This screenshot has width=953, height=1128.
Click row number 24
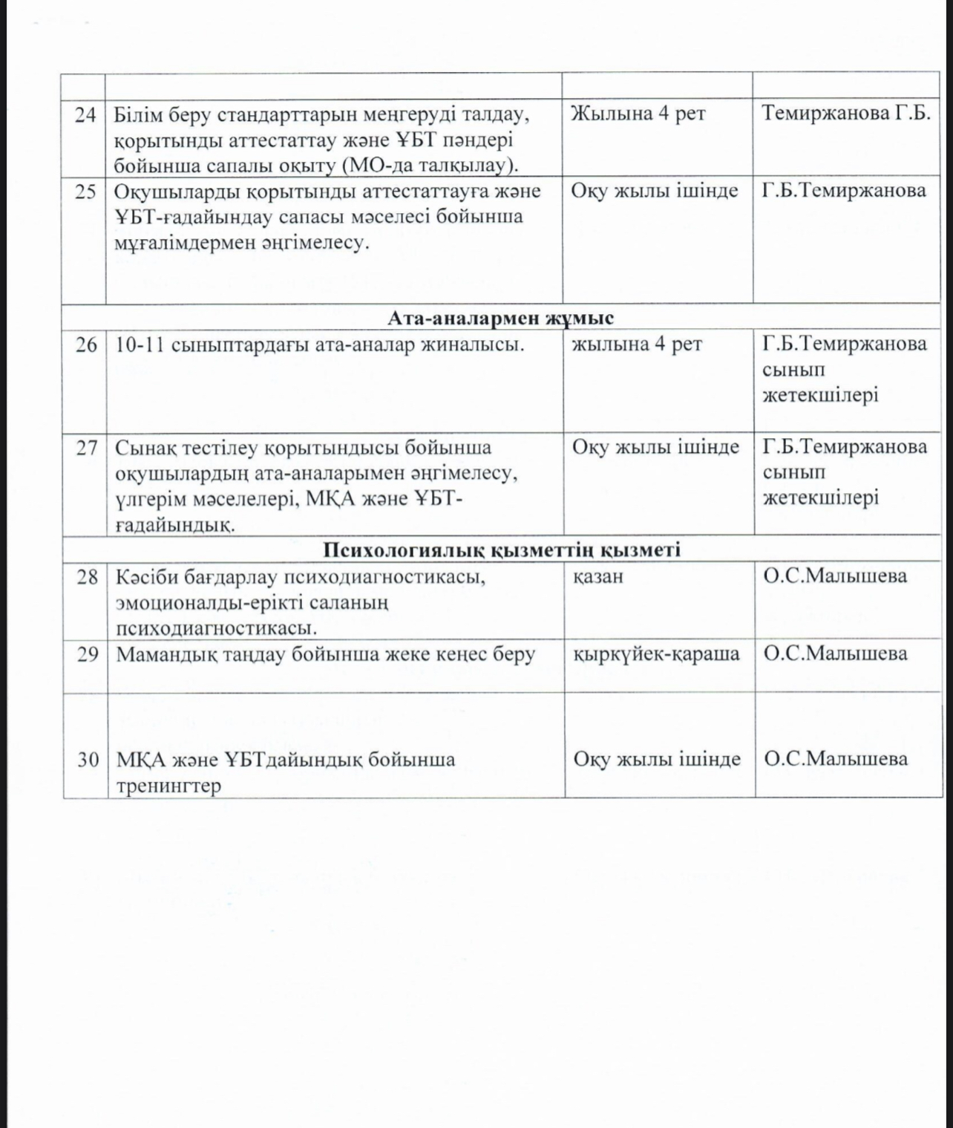click(86, 115)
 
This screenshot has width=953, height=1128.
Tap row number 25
click(86, 192)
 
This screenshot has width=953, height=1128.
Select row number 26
click(86, 345)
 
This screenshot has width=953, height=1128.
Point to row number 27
click(87, 448)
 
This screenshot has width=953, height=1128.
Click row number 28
click(88, 577)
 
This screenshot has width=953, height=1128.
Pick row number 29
click(88, 654)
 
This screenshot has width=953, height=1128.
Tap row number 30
click(88, 760)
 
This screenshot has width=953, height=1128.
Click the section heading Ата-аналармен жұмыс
click(501, 318)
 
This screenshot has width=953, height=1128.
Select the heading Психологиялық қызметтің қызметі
click(502, 550)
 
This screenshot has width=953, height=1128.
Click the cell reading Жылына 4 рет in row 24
click(638, 114)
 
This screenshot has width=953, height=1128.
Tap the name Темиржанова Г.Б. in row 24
click(845, 114)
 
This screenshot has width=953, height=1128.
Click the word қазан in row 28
click(597, 576)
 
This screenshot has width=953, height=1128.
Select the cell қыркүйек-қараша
click(656, 653)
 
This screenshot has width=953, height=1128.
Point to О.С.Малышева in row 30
click(835, 758)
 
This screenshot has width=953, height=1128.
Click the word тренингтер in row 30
click(168, 786)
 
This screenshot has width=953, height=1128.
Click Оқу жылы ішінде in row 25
click(655, 191)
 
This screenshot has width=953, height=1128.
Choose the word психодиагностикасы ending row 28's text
click(216, 627)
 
